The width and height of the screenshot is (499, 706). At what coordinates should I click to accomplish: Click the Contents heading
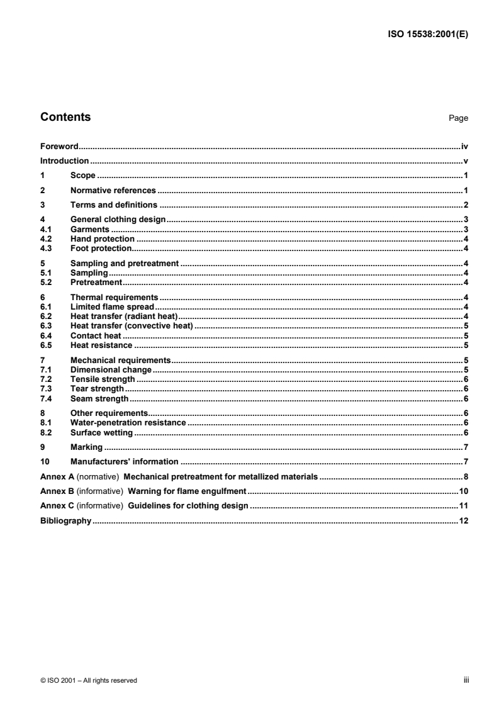click(65, 117)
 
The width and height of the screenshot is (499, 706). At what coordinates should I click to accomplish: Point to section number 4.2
click(46, 240)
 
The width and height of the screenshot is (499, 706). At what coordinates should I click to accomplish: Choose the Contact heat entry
click(95, 336)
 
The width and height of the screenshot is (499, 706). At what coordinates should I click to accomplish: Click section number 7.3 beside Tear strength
click(46, 389)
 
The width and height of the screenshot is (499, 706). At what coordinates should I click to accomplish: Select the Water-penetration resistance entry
click(128, 423)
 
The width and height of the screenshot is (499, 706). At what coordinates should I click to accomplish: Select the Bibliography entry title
click(66, 521)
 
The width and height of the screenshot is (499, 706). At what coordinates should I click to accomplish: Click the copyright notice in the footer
click(89, 680)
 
